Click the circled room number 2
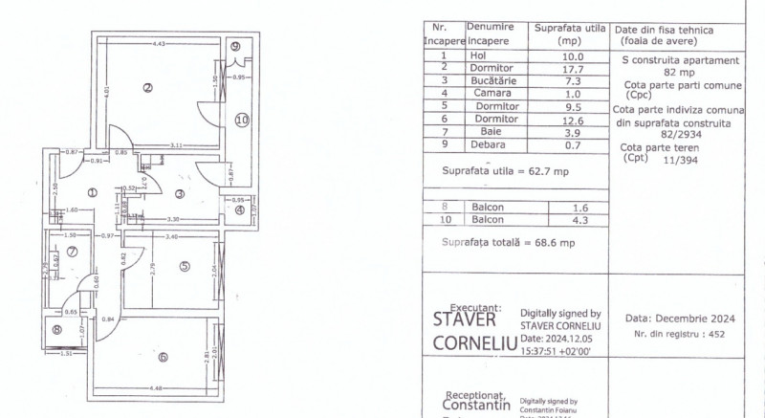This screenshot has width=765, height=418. point(147,89)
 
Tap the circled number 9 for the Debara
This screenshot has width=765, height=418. point(235,47)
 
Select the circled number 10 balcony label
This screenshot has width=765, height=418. point(241,120)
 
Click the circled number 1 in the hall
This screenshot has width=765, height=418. point(93,192)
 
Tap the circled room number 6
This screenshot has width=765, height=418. point(163,357)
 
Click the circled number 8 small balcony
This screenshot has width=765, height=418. point(56,330)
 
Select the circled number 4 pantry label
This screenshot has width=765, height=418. point(240,209)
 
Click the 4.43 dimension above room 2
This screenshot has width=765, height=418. point(159,44)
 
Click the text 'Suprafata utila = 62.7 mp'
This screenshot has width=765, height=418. point(506,171)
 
